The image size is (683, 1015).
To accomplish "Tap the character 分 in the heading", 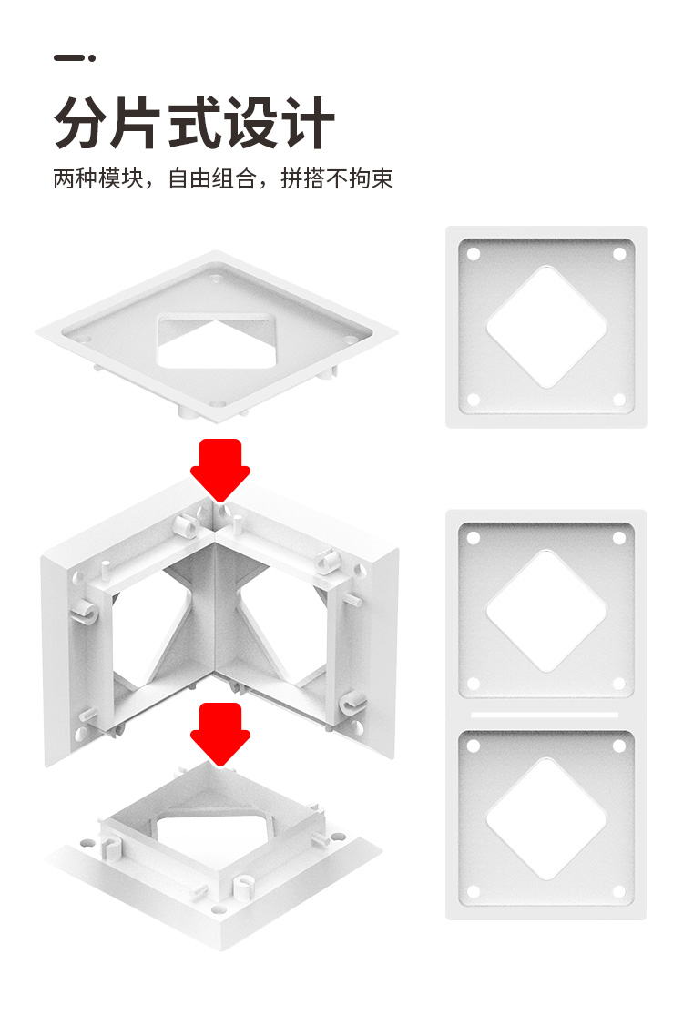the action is (x=81, y=123).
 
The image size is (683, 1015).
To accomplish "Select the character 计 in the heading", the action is (x=307, y=123).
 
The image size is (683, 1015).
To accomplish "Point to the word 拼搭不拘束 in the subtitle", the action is (x=337, y=178).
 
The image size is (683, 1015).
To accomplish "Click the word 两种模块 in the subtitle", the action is (x=97, y=178).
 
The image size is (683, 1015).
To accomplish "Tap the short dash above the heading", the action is (x=68, y=57).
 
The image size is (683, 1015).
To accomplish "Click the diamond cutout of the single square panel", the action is (x=546, y=327).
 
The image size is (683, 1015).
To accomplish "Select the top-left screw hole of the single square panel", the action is (x=474, y=254).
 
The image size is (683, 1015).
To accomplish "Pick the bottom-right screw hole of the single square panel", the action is (x=619, y=400).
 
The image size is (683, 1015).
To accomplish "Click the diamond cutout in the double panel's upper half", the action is (x=546, y=611).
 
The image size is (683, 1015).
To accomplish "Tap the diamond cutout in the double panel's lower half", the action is (x=546, y=819).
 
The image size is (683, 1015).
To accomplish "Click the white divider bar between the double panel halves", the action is (x=545, y=715).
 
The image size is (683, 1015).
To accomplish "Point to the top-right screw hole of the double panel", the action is (x=619, y=538).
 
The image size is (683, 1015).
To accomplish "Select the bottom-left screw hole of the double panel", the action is (x=474, y=892).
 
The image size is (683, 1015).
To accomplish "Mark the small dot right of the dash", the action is (x=92, y=57).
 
